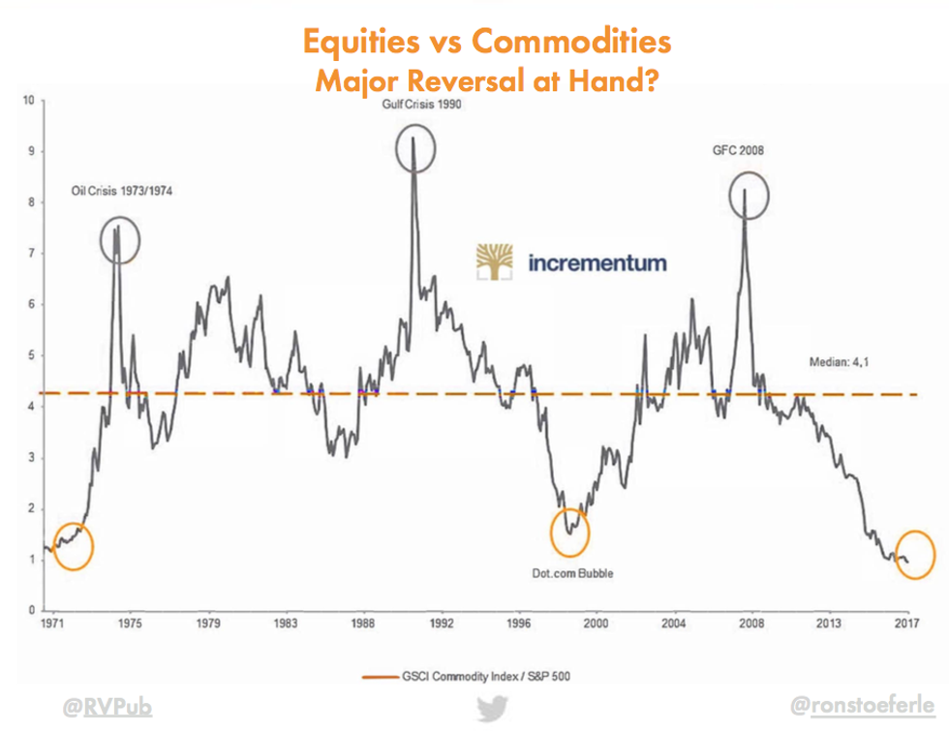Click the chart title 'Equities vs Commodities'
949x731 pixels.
pos(487,43)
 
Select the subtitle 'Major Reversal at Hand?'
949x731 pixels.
pos(487,80)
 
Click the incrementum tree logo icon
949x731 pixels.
pos(498,262)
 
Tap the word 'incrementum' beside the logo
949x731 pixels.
pos(597,262)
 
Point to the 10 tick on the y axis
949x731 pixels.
pos(29,100)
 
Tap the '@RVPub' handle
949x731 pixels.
pos(107,709)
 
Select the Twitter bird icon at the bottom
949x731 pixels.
pos(489,709)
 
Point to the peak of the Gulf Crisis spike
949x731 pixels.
pos(414,137)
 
